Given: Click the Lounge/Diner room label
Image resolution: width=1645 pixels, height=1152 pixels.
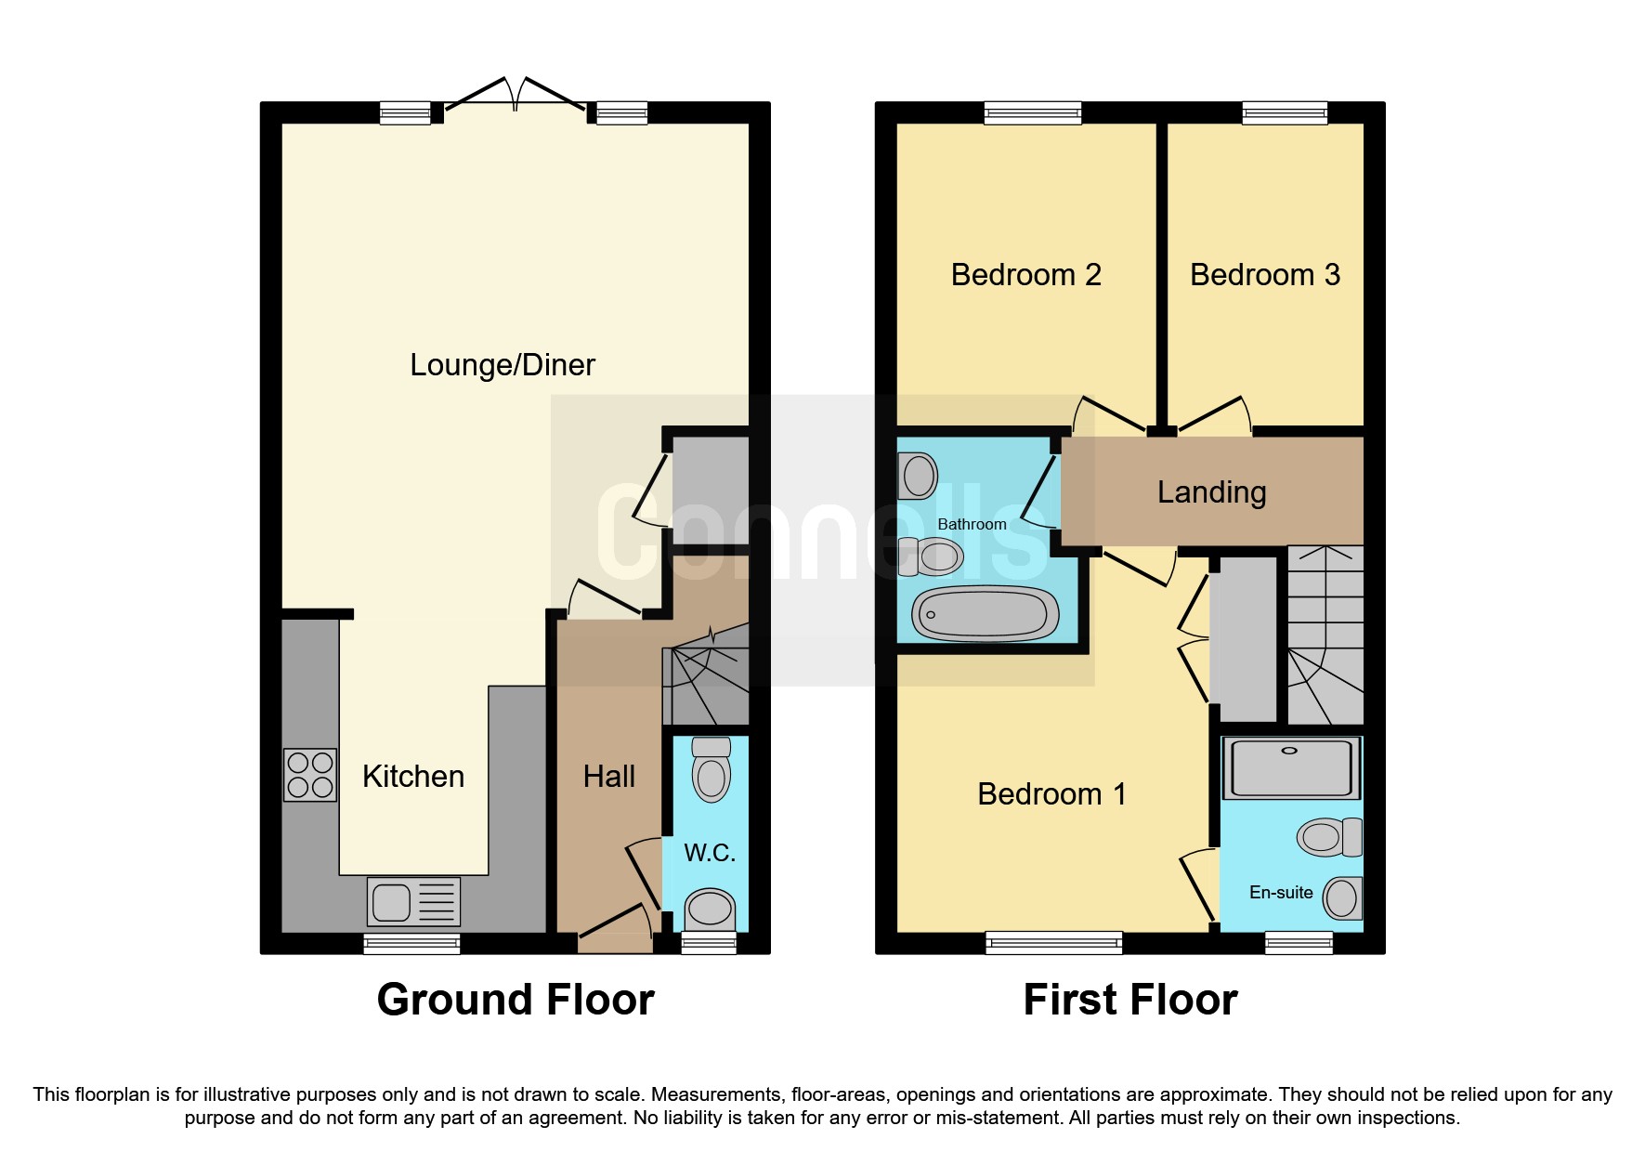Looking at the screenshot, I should click(x=502, y=365).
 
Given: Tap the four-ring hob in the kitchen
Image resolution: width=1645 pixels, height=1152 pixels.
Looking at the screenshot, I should click(x=310, y=775).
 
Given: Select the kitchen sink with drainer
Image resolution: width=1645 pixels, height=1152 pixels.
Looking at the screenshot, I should click(x=413, y=901).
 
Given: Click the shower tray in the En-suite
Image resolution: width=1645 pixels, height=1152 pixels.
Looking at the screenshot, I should click(x=1290, y=768).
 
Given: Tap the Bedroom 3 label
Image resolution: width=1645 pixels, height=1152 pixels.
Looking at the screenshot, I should click(x=1264, y=275).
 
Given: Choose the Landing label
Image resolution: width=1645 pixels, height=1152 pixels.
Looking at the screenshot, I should click(x=1211, y=491).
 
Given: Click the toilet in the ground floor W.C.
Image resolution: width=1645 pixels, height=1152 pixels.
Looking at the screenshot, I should click(x=712, y=768).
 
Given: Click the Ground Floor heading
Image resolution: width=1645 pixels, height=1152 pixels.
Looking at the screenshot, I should click(x=516, y=1000).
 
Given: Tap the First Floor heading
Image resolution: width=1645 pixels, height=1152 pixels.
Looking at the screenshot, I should click(x=1129, y=1000).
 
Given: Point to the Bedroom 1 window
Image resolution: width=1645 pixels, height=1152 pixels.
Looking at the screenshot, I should click(x=1053, y=944).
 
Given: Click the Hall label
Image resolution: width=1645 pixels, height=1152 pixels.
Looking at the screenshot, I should click(x=608, y=777).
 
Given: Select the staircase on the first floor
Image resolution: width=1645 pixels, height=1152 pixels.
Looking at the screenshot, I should click(x=1325, y=635).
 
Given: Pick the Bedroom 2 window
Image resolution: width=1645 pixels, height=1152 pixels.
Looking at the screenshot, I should click(x=1033, y=113).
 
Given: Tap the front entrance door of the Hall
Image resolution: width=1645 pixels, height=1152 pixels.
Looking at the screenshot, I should click(x=614, y=931).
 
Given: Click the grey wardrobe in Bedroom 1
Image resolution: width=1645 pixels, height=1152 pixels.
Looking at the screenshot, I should click(x=1247, y=638).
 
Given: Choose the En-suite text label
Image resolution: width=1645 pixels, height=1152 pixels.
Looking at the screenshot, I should click(x=1281, y=892).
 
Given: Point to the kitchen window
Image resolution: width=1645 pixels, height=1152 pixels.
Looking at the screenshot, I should click(x=411, y=944).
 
